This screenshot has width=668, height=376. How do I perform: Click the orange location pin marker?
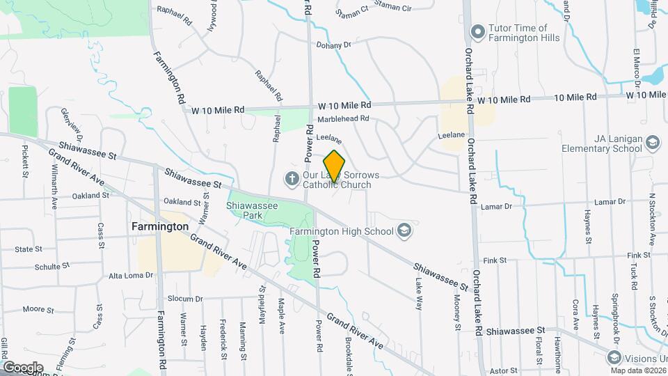coord(334,166)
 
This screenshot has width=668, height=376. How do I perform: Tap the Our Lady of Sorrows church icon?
coord(292,180)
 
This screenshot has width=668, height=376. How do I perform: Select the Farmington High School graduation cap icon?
coord(404,231)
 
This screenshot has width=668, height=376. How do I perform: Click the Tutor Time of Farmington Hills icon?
coord(477,31)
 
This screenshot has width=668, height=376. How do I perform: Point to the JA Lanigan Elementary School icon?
coord(653,143)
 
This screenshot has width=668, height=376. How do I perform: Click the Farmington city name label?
coord(160,226)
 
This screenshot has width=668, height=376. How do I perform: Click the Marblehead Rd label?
coord(342,119)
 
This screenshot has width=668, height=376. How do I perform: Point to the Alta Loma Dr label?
coord(130,276)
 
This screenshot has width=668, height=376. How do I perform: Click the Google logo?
coord(23,367)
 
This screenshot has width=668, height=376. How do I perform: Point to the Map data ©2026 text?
coord(638,370)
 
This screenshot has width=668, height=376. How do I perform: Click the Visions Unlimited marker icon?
coord(614,357)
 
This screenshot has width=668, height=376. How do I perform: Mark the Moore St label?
coord(33,308)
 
